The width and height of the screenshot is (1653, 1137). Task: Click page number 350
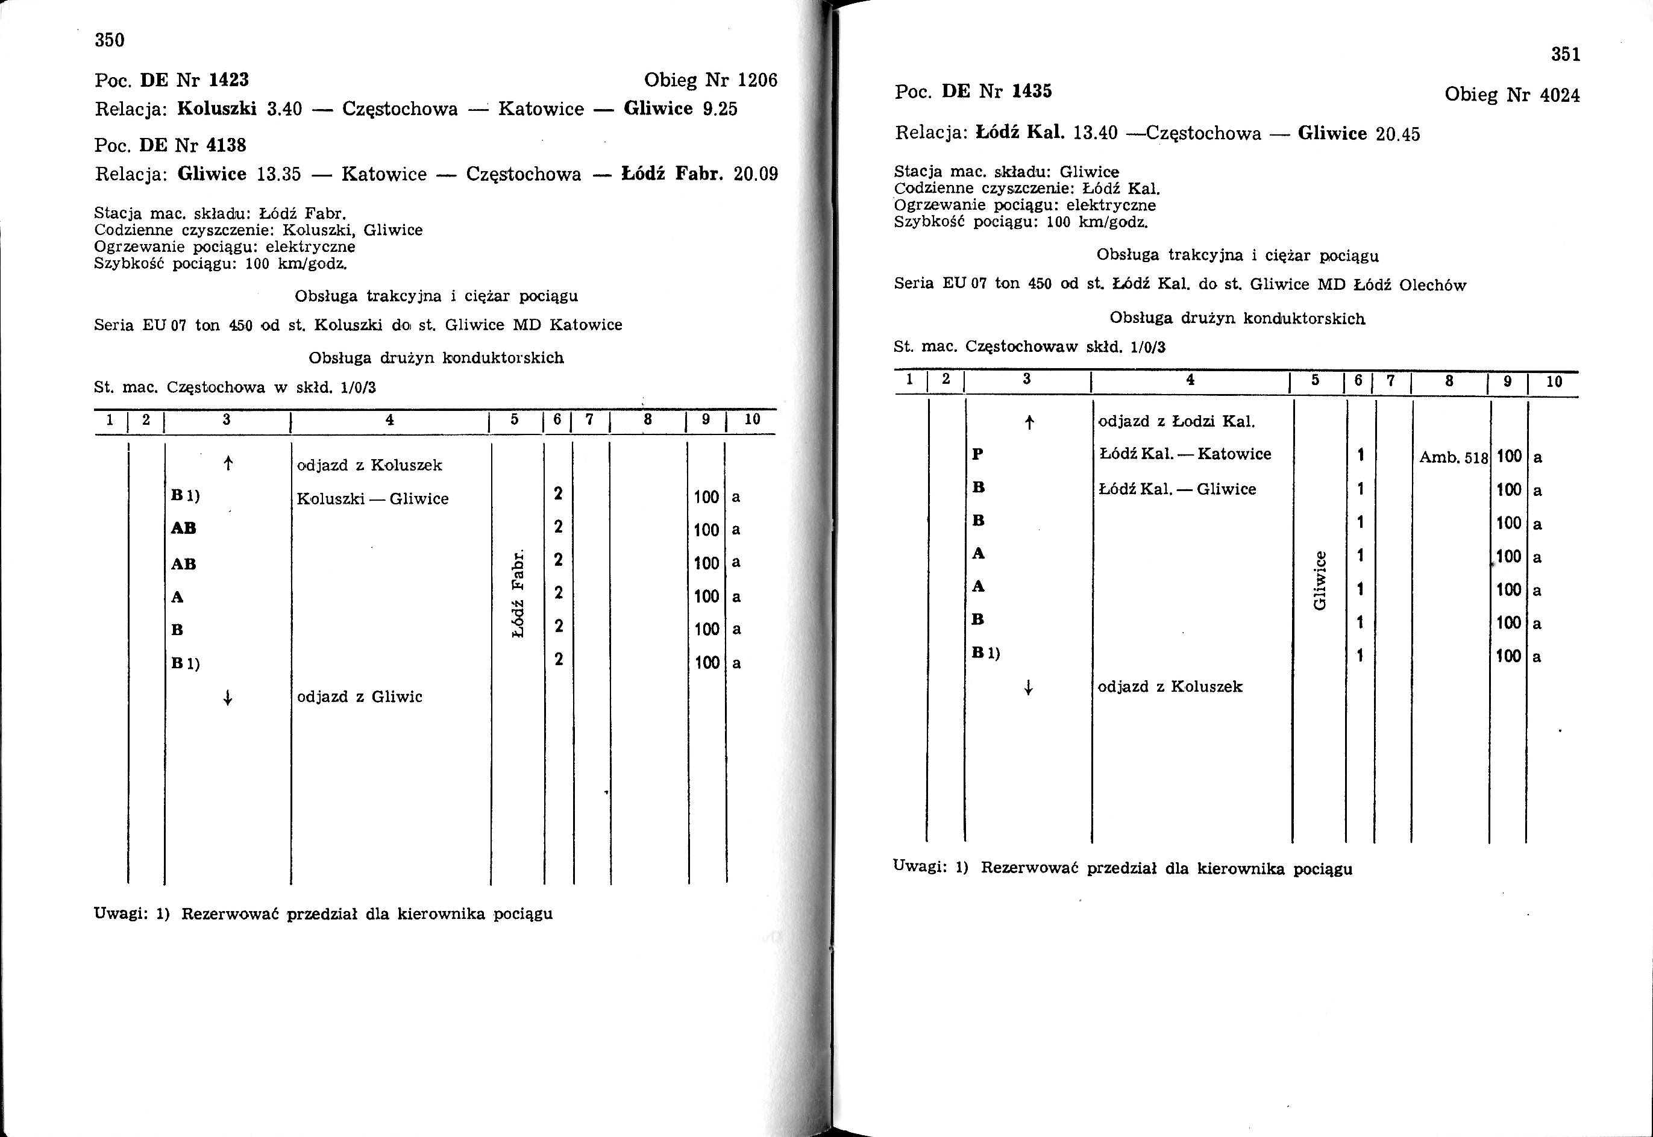110,40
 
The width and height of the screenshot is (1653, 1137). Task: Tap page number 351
1566,55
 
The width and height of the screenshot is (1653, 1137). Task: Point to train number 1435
1031,91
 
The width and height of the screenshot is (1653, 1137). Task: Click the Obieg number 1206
757,80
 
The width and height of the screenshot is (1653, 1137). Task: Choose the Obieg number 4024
1560,95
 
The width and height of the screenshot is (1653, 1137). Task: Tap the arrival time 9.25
720,109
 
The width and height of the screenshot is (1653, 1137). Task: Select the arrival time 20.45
1397,134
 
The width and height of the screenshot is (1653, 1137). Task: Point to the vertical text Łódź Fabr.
519,593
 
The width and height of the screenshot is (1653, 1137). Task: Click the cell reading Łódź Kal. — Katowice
1185,454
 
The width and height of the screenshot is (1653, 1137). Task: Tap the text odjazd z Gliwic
360,697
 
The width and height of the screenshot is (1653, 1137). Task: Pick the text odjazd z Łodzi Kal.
1176,422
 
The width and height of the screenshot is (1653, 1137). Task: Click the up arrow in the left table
228,465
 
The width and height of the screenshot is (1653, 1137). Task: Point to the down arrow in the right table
1028,688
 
